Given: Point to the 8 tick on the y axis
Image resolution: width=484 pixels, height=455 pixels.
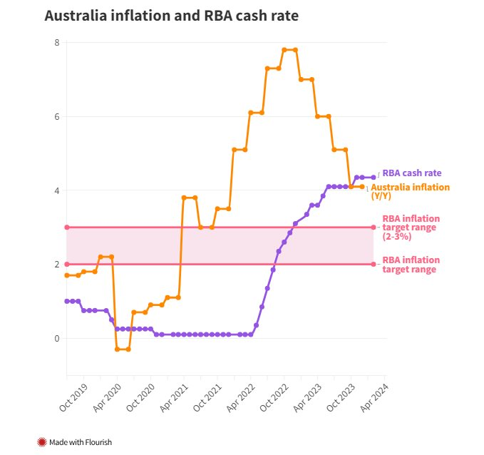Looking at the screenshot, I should [x=56, y=43].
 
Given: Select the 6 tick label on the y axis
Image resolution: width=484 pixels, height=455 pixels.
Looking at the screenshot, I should [x=56, y=116].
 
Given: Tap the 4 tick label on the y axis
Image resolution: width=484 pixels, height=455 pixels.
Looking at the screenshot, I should [x=56, y=190].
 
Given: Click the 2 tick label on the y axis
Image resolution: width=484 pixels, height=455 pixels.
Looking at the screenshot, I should [x=56, y=265].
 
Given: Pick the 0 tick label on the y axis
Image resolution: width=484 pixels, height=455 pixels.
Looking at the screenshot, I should [x=56, y=338].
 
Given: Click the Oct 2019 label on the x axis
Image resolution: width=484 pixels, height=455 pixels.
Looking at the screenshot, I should [x=71, y=397].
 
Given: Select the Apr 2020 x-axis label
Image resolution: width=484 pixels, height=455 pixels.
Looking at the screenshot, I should [x=105, y=397].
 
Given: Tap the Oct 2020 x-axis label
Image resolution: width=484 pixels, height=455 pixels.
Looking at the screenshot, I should [x=138, y=397].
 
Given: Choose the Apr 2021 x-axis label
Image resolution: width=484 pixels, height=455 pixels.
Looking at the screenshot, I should [x=172, y=397].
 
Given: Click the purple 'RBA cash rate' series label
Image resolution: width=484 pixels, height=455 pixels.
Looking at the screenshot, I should [x=412, y=173].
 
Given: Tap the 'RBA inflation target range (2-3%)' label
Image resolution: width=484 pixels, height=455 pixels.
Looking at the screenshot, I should [x=411, y=227].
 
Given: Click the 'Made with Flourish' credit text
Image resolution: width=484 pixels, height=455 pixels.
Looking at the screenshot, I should [x=80, y=442].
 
